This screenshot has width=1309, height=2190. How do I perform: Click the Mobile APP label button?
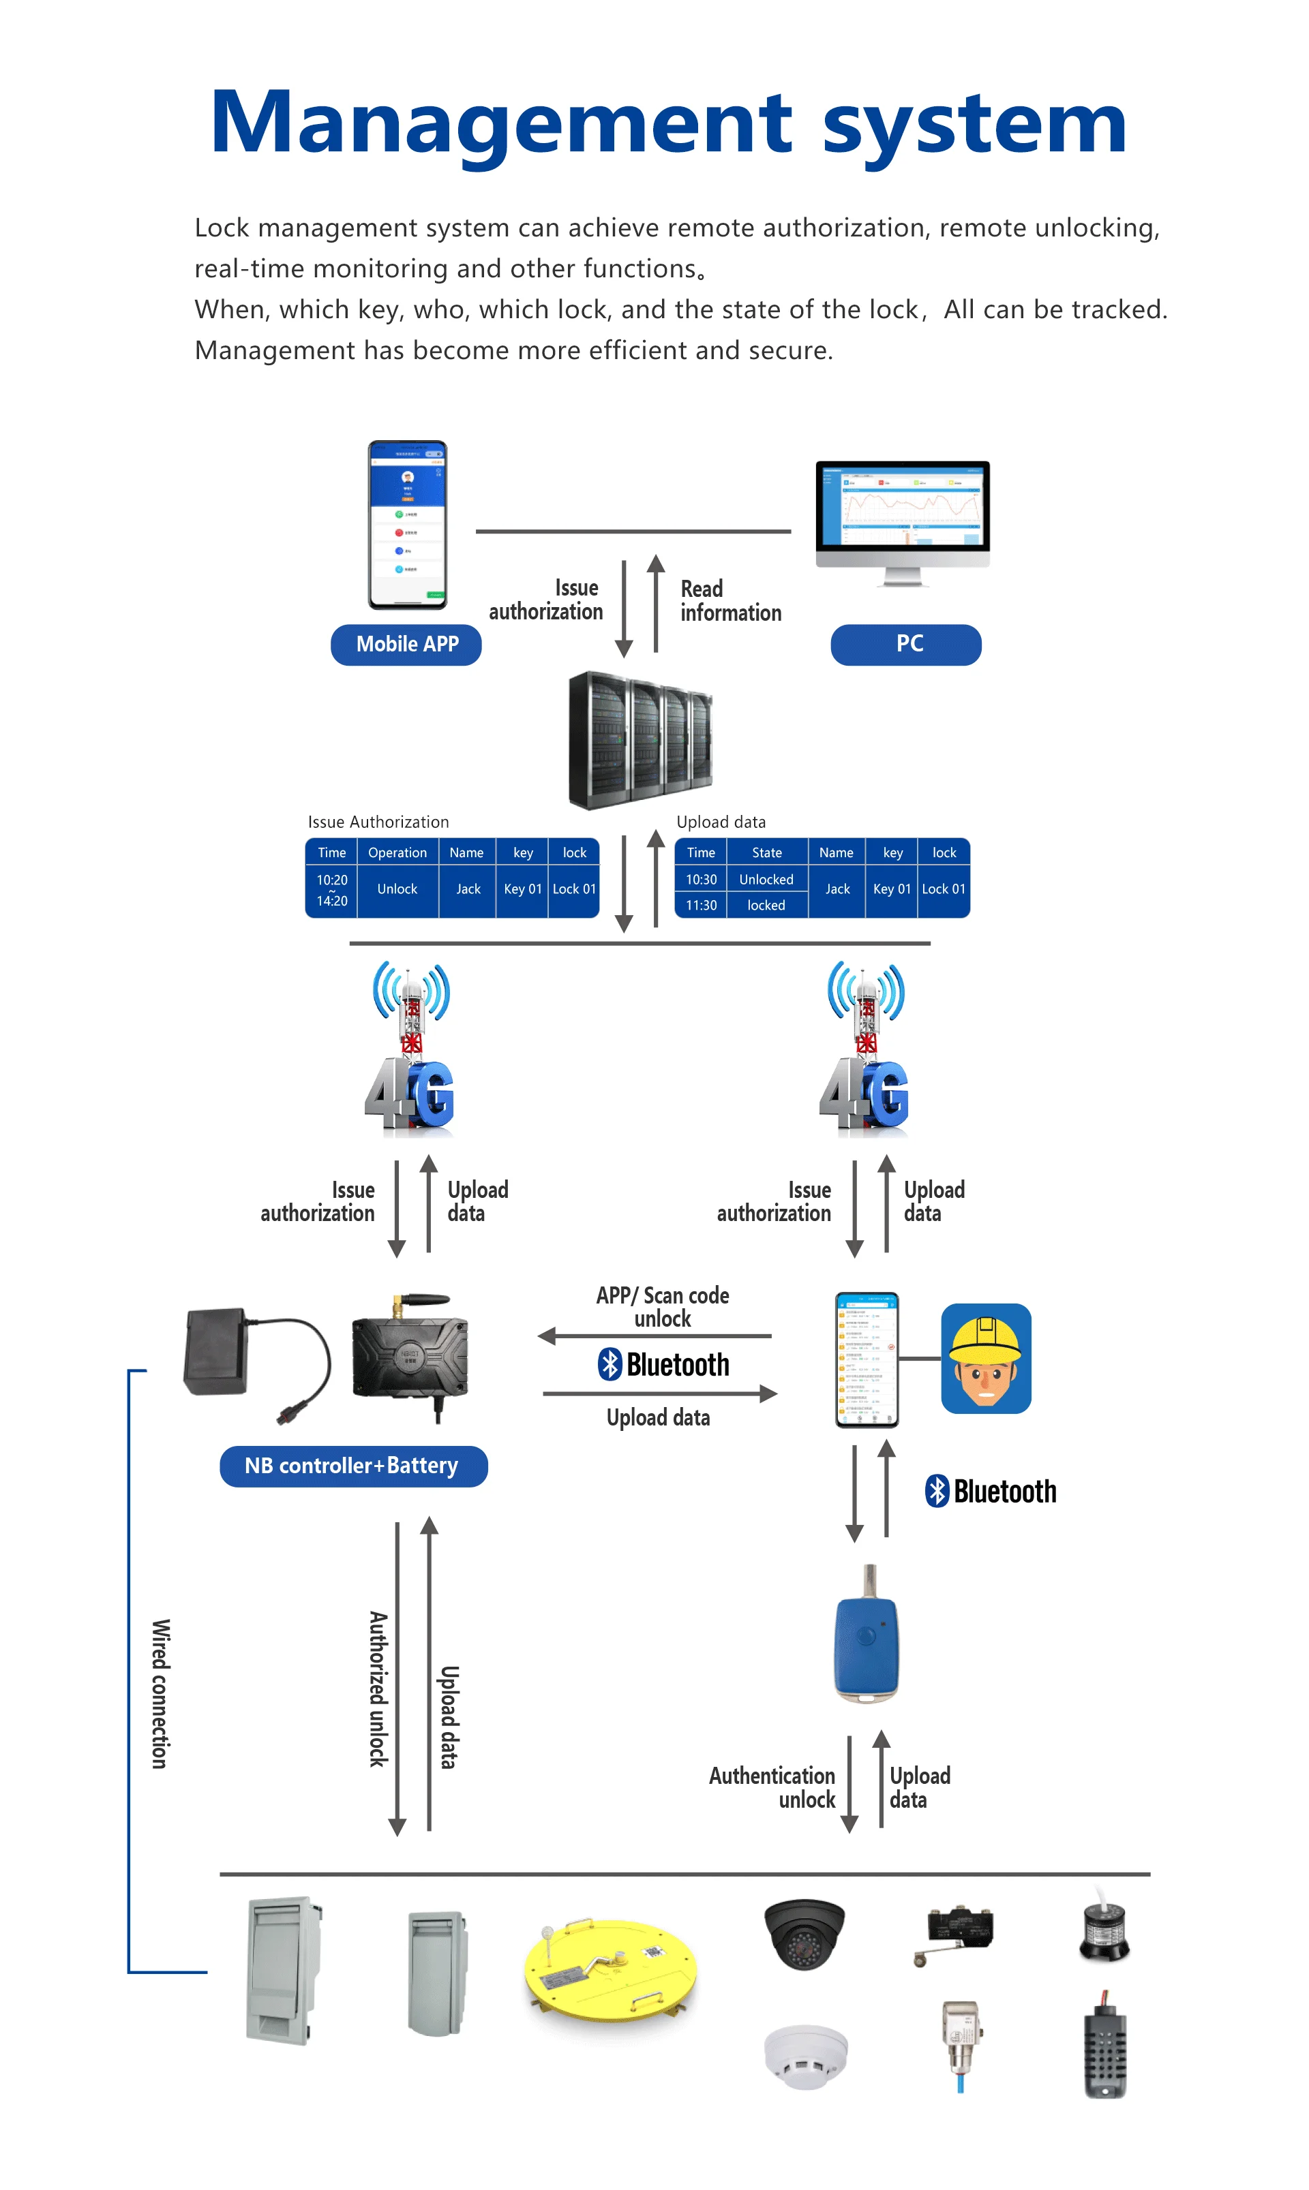click(x=406, y=645)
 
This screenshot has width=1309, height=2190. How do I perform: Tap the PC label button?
click(x=906, y=645)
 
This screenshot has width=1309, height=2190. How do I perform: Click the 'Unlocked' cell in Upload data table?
click(x=766, y=879)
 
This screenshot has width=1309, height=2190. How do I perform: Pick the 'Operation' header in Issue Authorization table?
click(x=397, y=852)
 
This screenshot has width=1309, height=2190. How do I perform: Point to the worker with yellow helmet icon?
click(x=985, y=1359)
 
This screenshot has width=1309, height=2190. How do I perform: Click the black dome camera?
click(x=804, y=1933)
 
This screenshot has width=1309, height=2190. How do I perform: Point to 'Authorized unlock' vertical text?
click(x=378, y=1689)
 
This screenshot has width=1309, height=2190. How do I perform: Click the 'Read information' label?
click(x=730, y=601)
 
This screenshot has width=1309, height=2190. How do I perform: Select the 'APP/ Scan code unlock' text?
click(x=663, y=1307)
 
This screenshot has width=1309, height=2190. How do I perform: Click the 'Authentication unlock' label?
click(x=772, y=1787)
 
